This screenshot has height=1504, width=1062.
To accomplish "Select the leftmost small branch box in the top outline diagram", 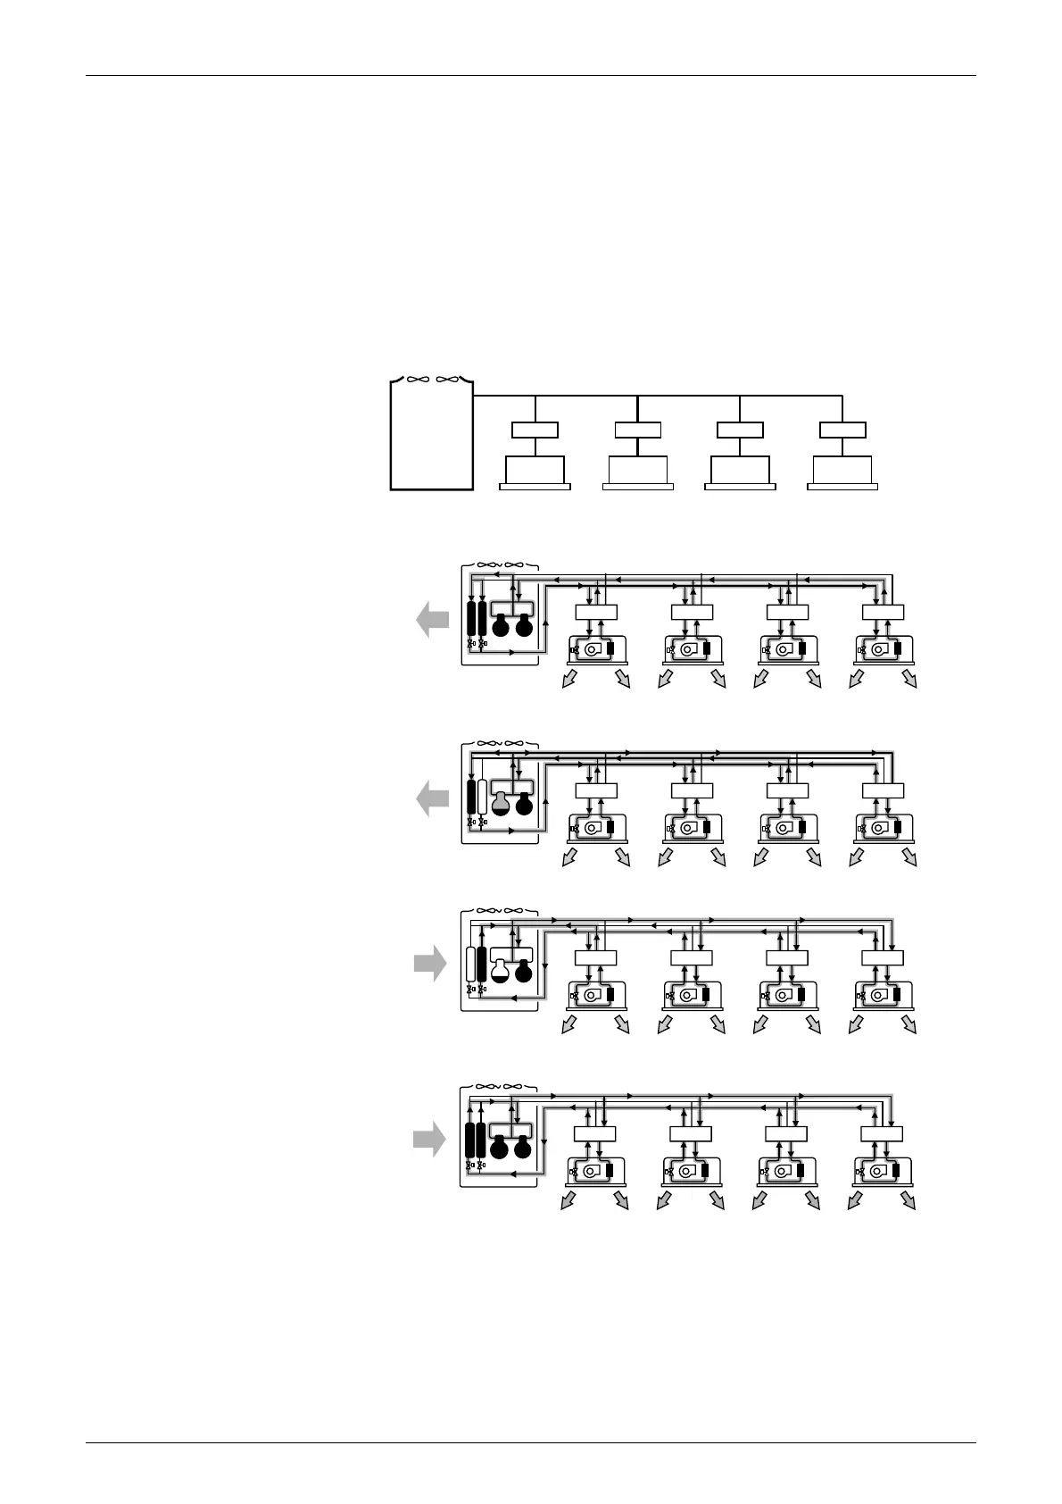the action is (535, 430).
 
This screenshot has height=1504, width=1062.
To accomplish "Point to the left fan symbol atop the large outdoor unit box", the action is (416, 380).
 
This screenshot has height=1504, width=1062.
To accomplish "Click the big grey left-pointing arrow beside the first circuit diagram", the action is (433, 620).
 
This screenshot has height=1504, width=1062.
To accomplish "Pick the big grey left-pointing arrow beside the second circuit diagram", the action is (433, 798).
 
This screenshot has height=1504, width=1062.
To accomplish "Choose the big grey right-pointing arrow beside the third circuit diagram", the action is (430, 965).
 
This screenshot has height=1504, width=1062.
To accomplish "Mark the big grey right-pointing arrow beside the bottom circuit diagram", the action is (430, 1141).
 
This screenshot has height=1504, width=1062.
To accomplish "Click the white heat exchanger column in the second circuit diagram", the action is (483, 796).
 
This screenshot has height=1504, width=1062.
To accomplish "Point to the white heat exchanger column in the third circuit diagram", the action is (470, 964).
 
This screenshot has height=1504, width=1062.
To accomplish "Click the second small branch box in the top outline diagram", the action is (638, 430).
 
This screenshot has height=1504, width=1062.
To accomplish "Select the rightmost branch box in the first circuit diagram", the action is (884, 612).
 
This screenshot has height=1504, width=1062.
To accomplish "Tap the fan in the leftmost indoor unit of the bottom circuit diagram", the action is (592, 1171).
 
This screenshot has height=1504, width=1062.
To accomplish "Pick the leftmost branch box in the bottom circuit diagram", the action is (595, 1134).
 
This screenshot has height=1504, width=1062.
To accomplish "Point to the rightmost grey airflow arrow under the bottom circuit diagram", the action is (909, 1201).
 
